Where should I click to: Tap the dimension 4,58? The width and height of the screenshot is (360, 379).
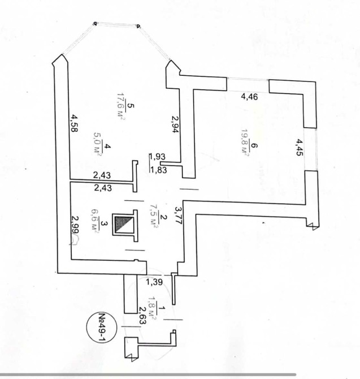74,123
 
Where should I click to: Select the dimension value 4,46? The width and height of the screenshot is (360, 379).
249,97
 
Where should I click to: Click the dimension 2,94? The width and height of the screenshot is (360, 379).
175,124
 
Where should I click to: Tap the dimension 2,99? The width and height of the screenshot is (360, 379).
75,224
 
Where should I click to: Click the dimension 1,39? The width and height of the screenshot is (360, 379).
154,282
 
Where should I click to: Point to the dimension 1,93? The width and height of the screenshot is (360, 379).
158,157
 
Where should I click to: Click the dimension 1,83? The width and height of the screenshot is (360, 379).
158,170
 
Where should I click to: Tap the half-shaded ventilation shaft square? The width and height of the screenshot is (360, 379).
124,225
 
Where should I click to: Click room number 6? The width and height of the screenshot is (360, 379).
254,146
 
